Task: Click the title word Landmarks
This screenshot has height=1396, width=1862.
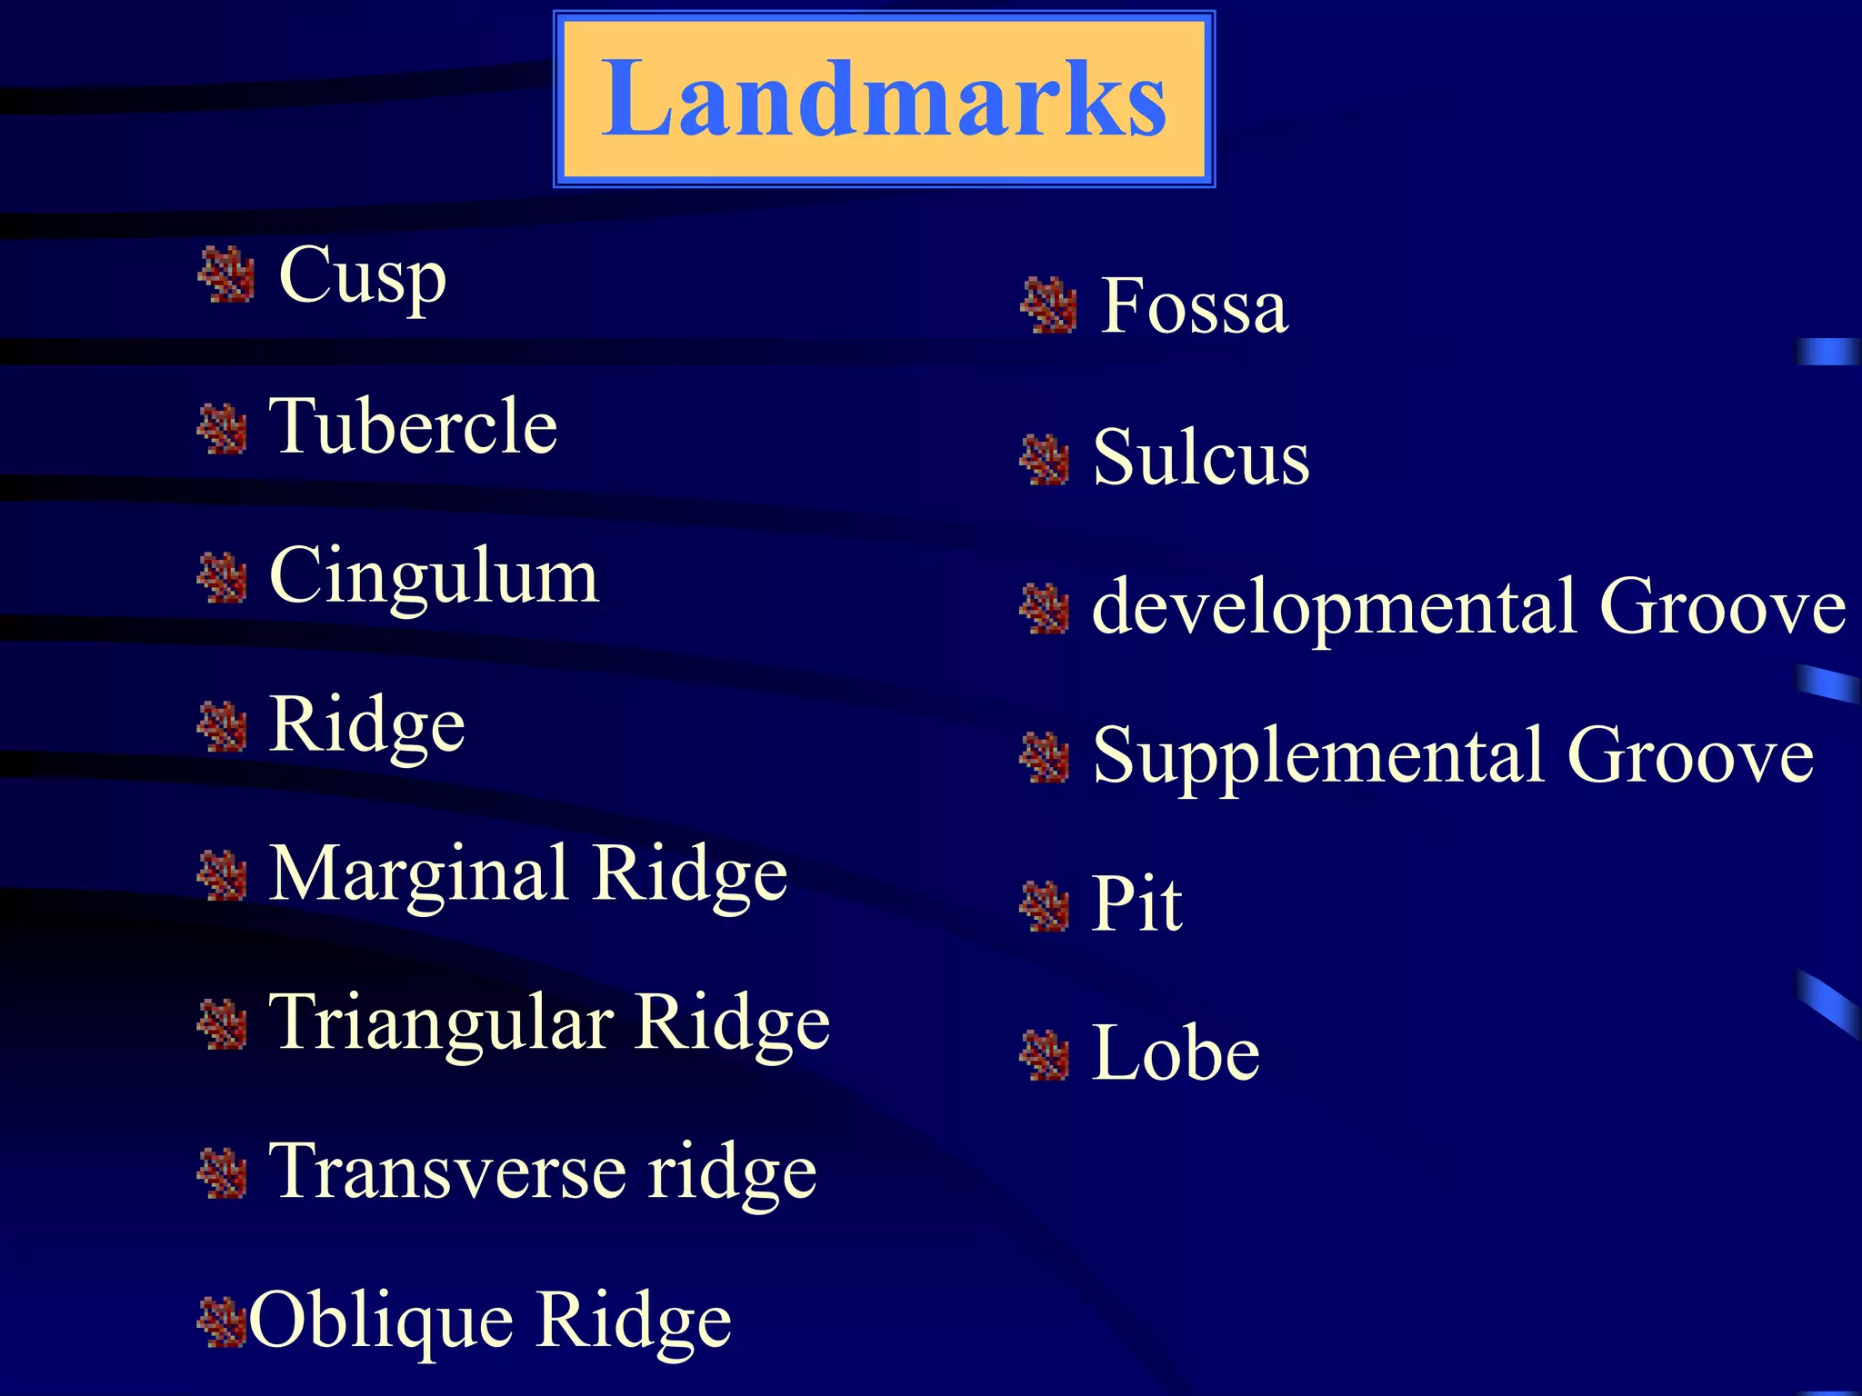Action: pos(884,98)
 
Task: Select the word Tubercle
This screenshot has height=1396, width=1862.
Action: pos(414,426)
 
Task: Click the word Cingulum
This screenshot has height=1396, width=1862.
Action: pos(434,576)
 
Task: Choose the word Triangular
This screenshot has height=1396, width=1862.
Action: pos(441,1023)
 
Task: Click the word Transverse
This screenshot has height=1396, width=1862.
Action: pos(447,1172)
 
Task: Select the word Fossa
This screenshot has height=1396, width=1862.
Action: pos(1194,306)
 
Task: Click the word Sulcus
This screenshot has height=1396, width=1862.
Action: pos(1201,457)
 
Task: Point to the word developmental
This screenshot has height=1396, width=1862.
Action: pos(1334,607)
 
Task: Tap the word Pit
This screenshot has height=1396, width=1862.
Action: pos(1136,904)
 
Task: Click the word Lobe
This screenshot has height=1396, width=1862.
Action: pos(1176,1053)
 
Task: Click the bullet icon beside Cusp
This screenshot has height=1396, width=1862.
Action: pos(226,275)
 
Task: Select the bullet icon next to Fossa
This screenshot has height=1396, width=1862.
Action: pos(1048,306)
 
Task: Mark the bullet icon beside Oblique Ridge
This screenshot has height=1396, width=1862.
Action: pos(222,1323)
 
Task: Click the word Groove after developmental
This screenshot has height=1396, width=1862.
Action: pos(1722,607)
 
